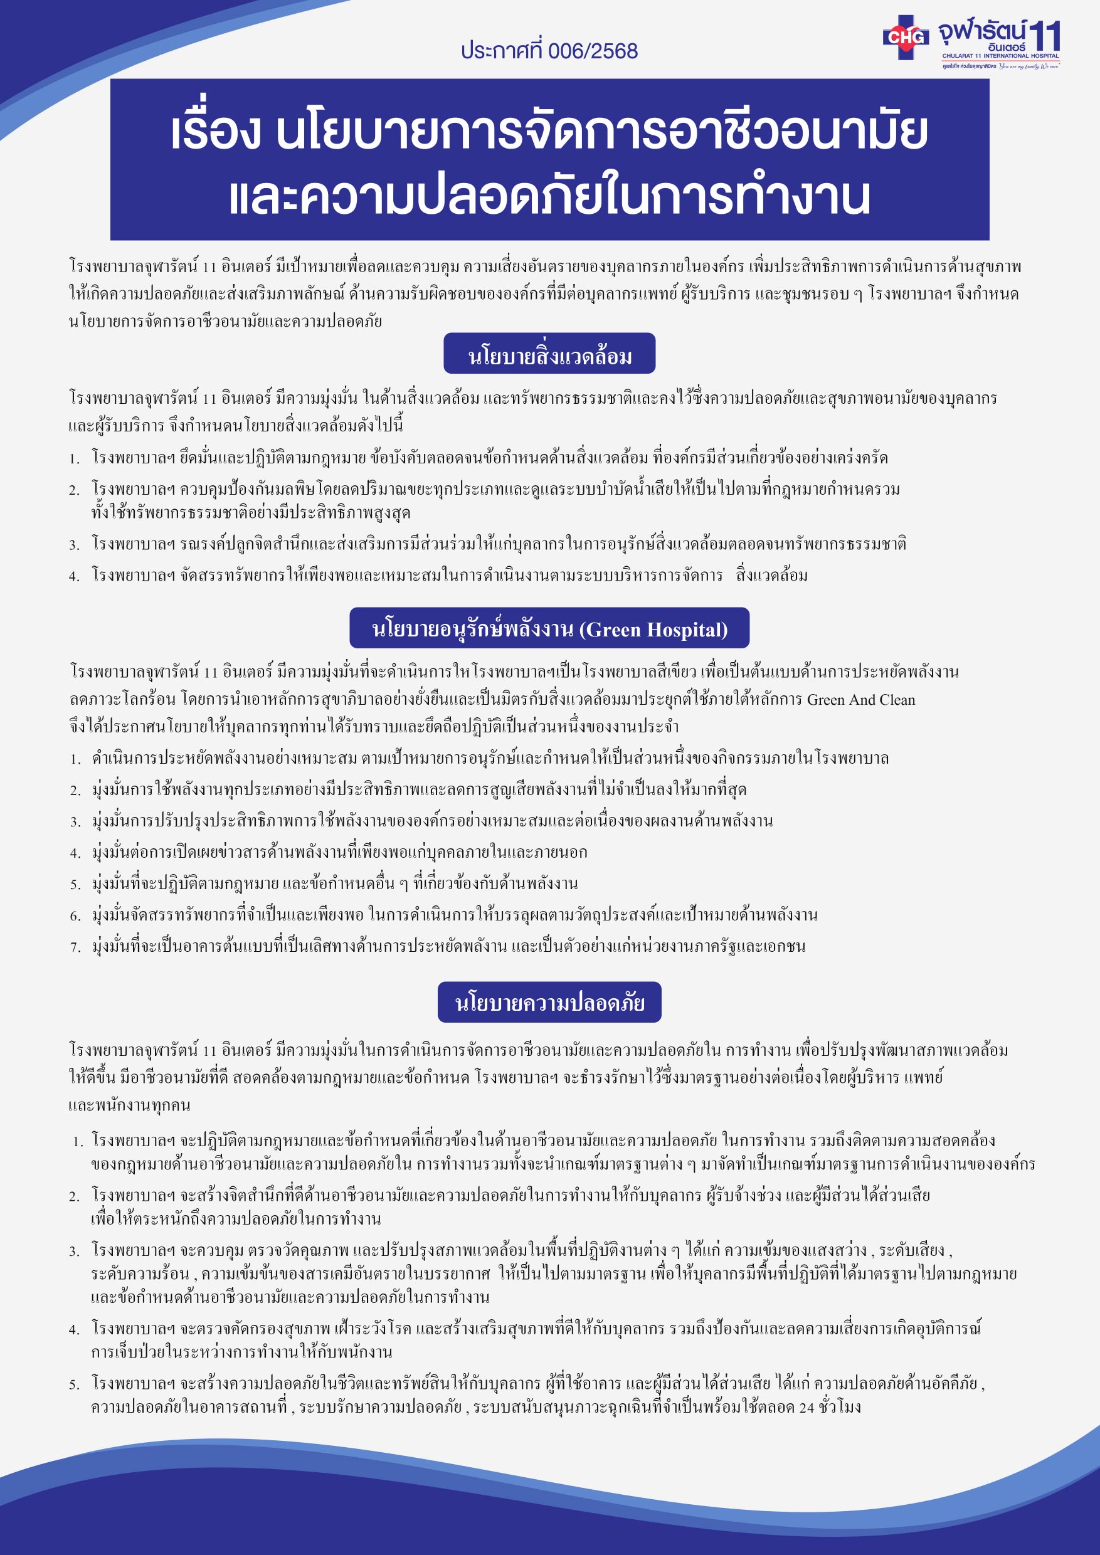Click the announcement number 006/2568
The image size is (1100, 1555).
pos(593,51)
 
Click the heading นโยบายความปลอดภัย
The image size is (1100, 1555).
pos(549,1003)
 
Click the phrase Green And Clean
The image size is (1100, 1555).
pos(860,700)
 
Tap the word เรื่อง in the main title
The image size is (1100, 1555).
pos(215,132)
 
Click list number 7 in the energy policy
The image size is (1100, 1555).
pos(75,947)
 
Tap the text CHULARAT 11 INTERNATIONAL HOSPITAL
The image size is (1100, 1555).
pos(1000,56)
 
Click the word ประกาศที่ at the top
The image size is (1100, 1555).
pos(502,51)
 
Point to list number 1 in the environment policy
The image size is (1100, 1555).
pos(74,459)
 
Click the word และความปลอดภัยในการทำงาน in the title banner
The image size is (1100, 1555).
pos(549,196)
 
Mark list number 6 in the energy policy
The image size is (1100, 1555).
pos(75,916)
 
